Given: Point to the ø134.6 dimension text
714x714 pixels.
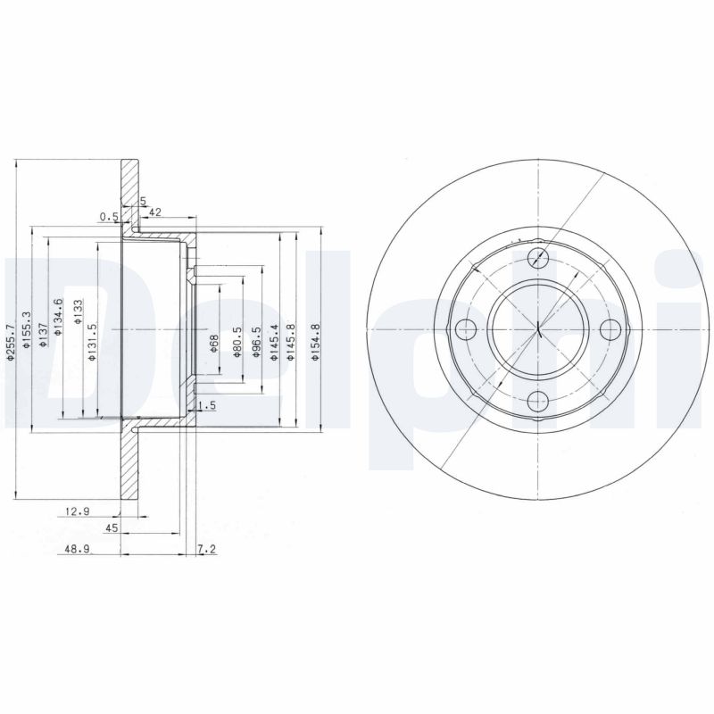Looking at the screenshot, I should click(x=58, y=318).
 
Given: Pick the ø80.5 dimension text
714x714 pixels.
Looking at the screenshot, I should click(x=238, y=341).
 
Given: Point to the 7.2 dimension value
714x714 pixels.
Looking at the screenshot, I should click(x=206, y=551).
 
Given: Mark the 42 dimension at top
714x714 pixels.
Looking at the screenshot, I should click(x=154, y=212).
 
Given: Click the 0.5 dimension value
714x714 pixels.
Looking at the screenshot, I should click(x=109, y=216).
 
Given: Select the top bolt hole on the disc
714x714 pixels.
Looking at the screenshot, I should click(x=538, y=259).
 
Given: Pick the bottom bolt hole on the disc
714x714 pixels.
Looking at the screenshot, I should click(x=538, y=400).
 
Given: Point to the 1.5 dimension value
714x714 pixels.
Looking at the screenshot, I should click(x=207, y=406).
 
